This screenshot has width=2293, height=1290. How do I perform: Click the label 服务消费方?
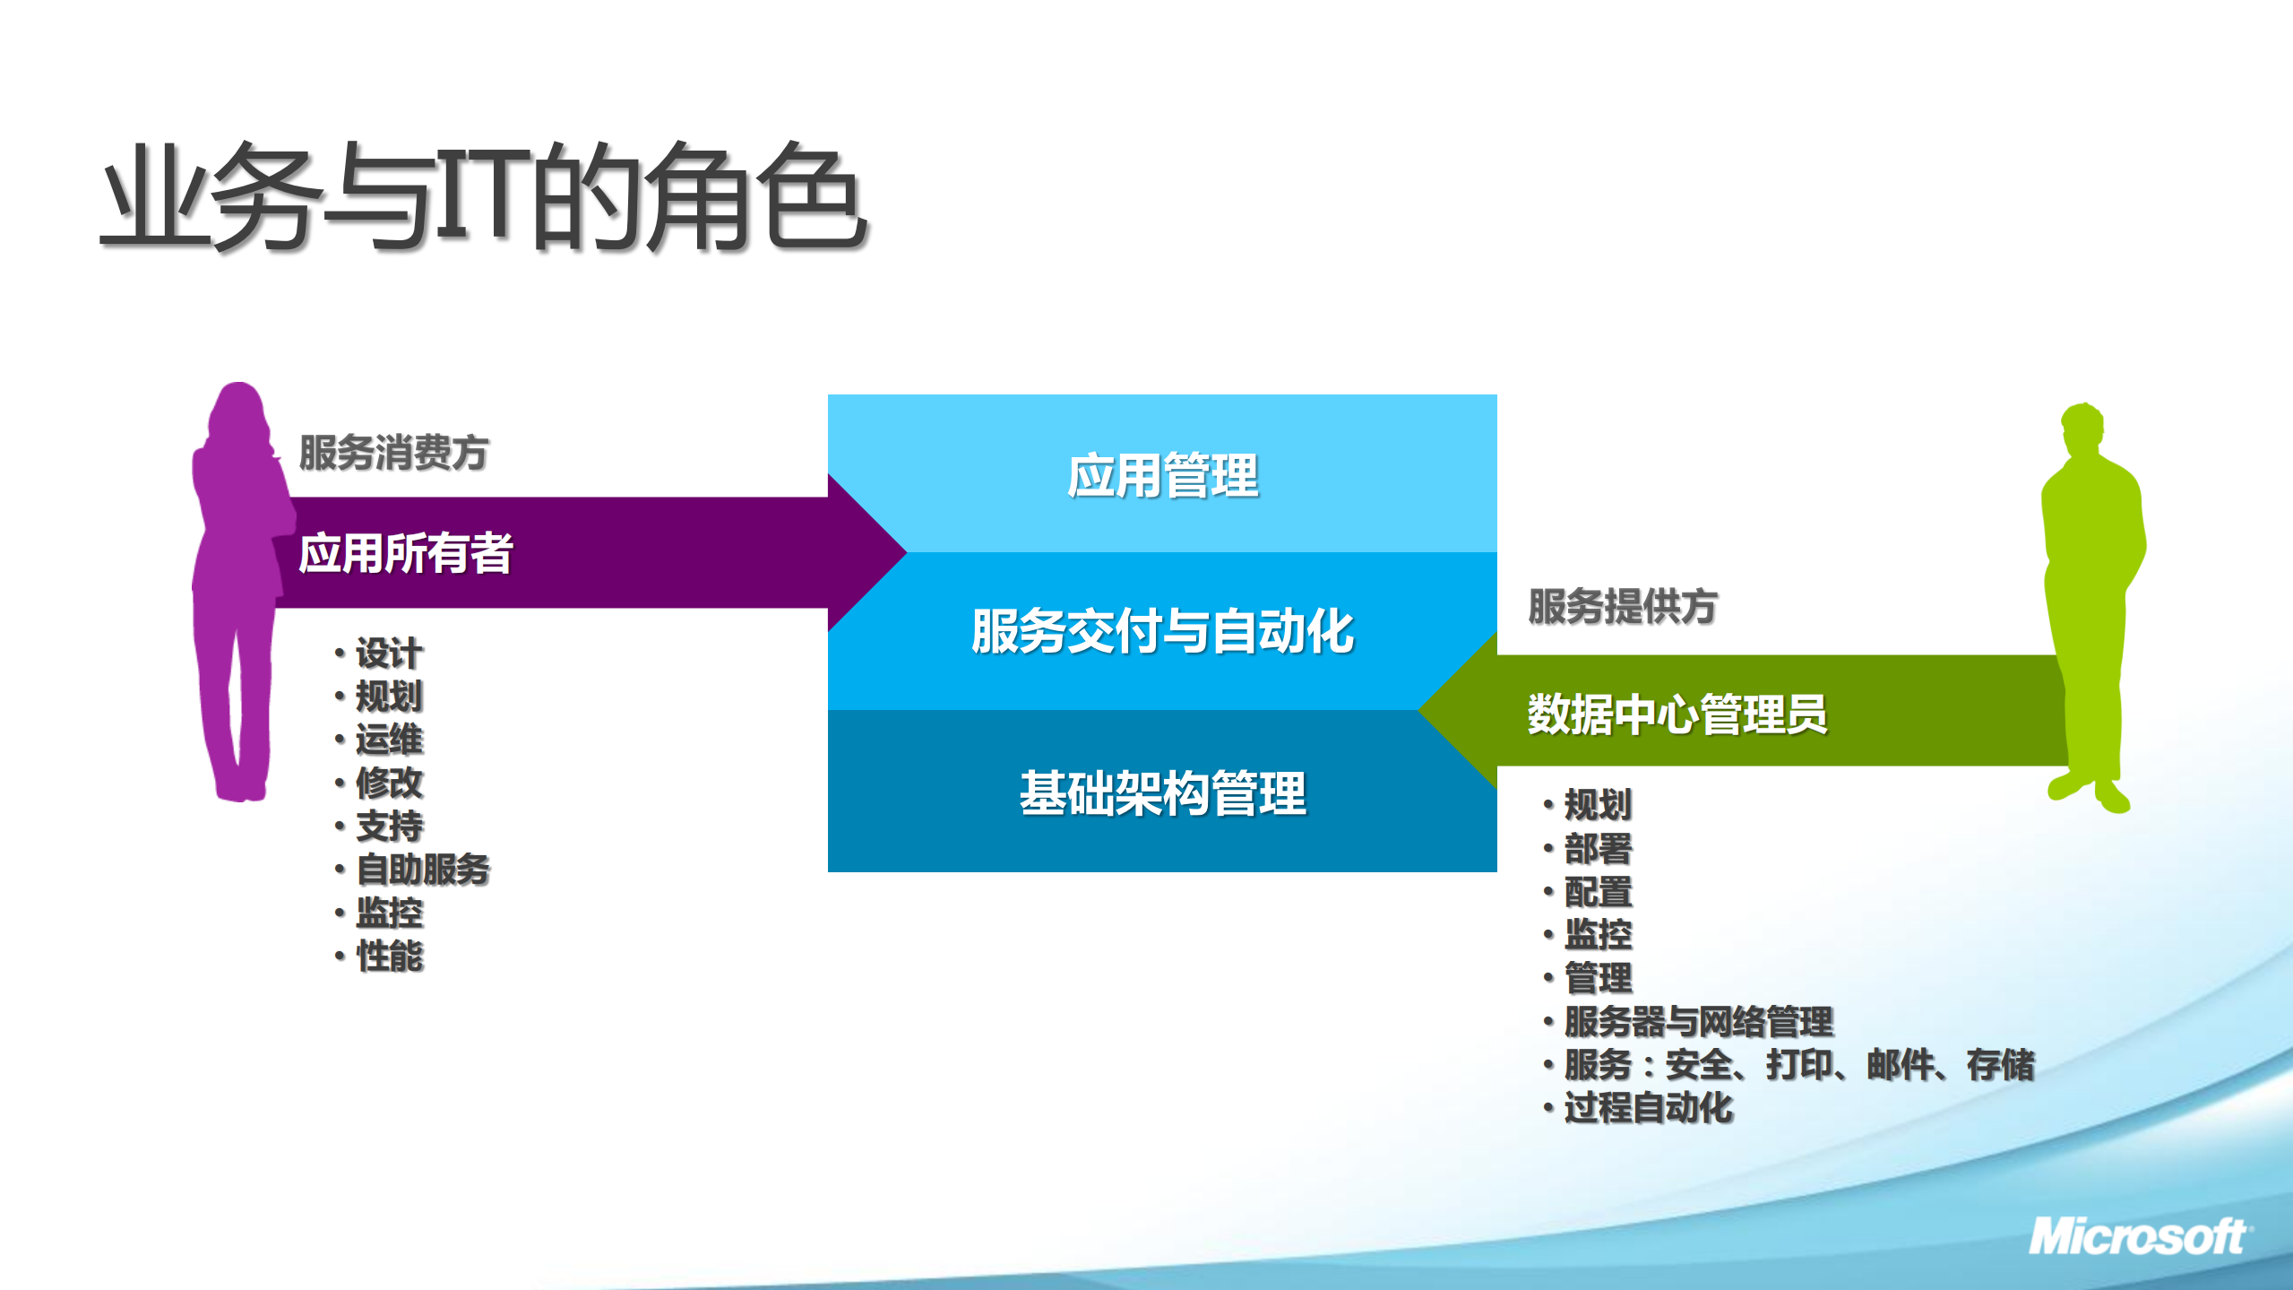393,452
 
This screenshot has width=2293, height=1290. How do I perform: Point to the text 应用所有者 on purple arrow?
405,552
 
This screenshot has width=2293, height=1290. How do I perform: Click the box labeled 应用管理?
1162,474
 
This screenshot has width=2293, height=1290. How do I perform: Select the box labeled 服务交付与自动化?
1162,630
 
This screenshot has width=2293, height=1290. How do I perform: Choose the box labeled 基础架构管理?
1162,792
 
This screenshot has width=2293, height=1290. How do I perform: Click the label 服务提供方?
1622,606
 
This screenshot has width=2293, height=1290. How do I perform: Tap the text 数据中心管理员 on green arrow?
1677,714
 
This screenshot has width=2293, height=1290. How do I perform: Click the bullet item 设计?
389,653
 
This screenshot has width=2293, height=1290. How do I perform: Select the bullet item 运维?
389,739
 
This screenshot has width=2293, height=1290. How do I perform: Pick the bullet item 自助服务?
423,869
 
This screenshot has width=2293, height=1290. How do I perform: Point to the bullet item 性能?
389,956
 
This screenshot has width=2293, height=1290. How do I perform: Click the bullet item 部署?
1598,848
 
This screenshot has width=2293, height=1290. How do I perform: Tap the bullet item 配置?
1598,891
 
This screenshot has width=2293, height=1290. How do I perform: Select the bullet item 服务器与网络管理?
1698,1021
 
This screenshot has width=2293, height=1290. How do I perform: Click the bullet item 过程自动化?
1648,1107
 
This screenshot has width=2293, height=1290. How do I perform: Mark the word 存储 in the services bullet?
2001,1064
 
